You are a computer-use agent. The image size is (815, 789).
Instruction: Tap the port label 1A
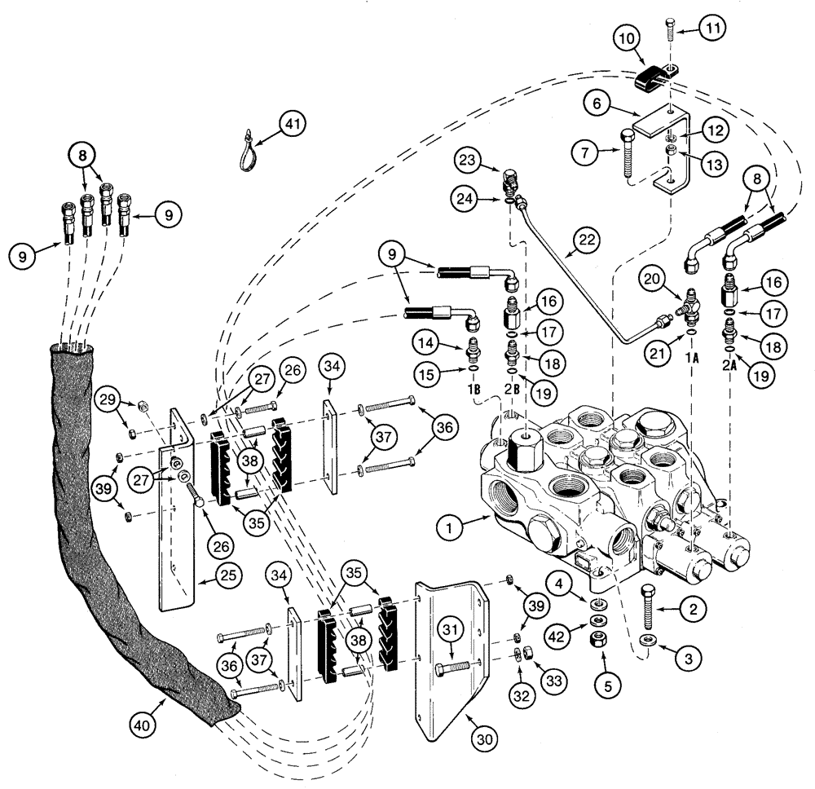692,357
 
